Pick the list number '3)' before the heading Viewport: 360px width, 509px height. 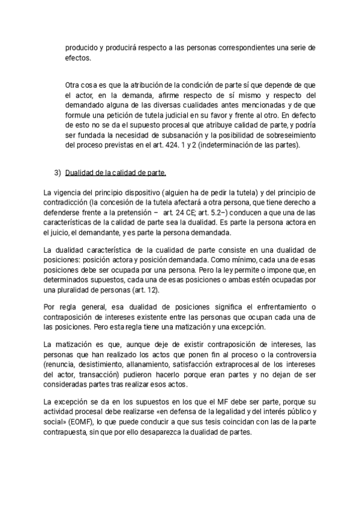point(58,173)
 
